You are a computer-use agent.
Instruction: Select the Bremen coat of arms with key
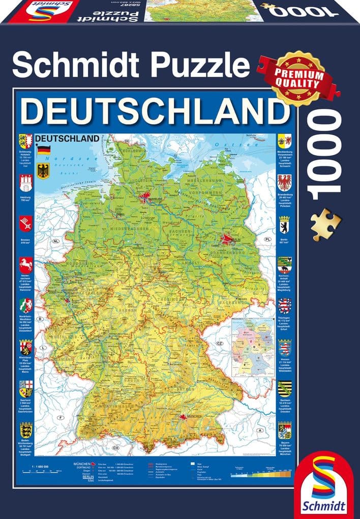pyautogui.click(x=26, y=222)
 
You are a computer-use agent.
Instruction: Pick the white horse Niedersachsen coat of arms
pyautogui.click(x=26, y=264)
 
